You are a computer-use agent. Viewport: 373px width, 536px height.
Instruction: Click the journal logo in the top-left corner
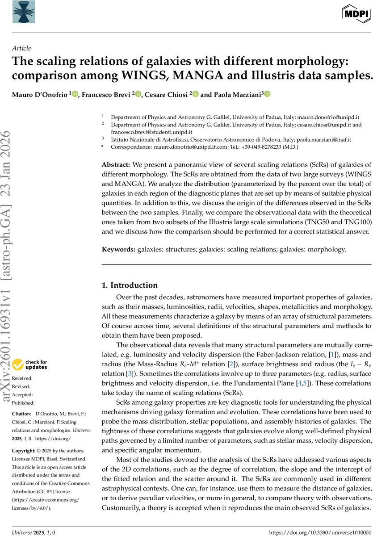(x=21, y=12)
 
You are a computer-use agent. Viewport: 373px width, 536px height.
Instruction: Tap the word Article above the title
(x=21, y=49)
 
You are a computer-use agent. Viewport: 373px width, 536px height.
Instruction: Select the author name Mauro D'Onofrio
(x=40, y=94)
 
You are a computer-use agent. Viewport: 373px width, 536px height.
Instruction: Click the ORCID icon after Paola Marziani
(x=268, y=94)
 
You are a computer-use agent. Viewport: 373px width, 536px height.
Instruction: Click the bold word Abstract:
(x=116, y=165)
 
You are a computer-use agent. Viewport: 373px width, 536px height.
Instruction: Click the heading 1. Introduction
(x=130, y=285)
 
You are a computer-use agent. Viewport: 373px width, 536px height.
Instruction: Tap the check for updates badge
(x=30, y=364)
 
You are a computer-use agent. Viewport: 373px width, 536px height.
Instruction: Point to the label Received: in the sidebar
(x=22, y=378)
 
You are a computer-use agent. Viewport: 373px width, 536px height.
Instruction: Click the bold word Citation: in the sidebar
(x=22, y=414)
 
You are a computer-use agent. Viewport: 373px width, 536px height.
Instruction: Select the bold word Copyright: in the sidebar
(x=24, y=451)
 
